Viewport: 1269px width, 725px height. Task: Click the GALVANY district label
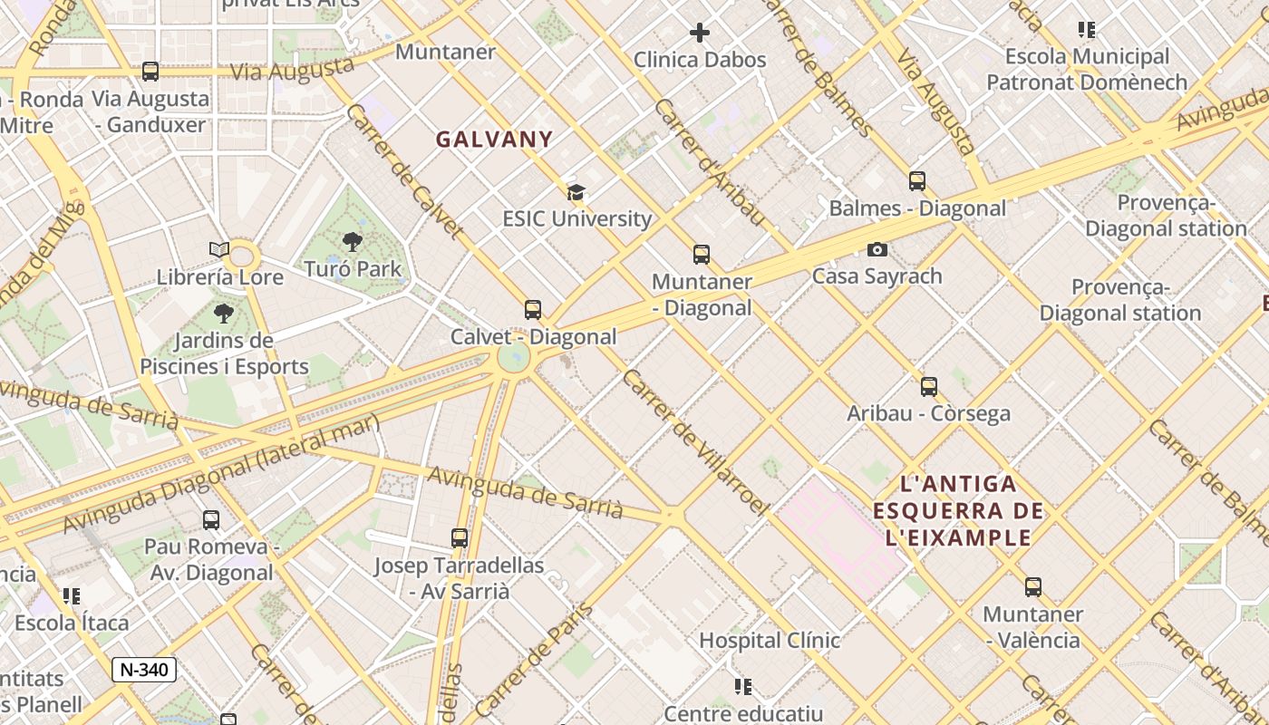point(494,140)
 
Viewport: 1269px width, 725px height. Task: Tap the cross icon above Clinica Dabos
point(700,34)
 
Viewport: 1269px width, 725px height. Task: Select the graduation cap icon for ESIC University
point(576,192)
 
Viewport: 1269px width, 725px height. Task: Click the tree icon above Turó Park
point(353,242)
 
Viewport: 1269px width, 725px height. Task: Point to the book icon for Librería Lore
point(218,249)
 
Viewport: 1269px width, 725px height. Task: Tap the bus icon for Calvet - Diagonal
point(533,310)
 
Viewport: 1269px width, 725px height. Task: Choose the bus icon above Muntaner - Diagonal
point(702,255)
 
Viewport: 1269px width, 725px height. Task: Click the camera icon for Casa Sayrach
point(877,249)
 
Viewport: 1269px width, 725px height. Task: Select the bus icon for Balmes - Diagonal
point(917,181)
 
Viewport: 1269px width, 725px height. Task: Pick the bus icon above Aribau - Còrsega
point(929,387)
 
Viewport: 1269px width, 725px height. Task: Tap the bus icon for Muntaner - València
point(1033,587)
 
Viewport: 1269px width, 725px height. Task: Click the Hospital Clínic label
point(770,641)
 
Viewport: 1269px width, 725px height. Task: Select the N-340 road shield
point(144,670)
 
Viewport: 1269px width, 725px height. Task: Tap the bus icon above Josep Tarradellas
point(460,538)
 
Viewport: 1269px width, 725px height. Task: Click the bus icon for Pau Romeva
point(211,520)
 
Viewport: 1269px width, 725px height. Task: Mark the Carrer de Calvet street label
point(404,171)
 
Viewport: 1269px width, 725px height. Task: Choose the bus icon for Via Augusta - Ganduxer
point(150,72)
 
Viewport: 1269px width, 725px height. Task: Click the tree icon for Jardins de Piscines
point(223,314)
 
